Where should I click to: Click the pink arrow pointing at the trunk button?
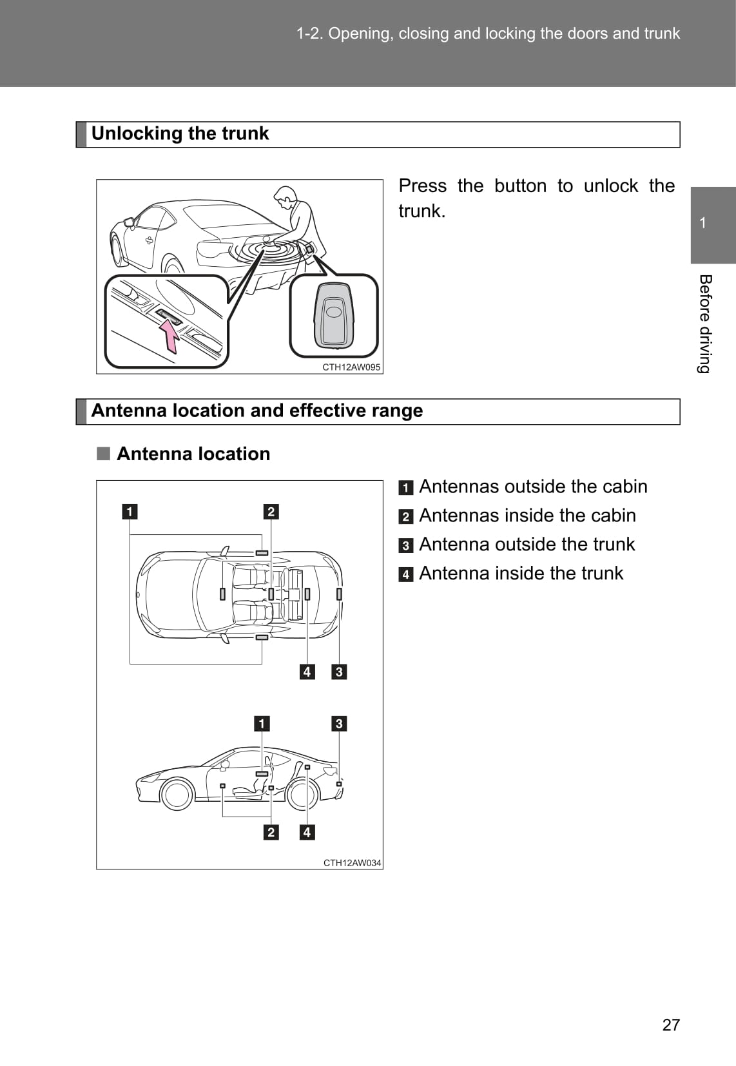(169, 336)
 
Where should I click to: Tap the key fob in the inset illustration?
(334, 315)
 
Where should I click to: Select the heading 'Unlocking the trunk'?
(180, 133)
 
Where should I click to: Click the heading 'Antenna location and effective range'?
(257, 411)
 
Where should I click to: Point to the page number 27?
(671, 1024)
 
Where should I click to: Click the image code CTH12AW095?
(351, 367)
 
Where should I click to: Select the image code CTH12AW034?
(352, 862)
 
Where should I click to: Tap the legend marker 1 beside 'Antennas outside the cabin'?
(405, 487)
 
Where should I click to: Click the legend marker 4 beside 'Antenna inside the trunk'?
(405, 574)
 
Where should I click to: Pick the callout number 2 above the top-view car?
(271, 512)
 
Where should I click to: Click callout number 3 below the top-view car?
(339, 672)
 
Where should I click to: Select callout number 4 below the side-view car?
(307, 832)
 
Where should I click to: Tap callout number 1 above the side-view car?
(261, 724)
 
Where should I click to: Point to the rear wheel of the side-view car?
(302, 795)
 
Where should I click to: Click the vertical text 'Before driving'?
(705, 324)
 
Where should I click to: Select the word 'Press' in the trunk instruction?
(422, 186)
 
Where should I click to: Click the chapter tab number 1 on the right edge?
(702, 223)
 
